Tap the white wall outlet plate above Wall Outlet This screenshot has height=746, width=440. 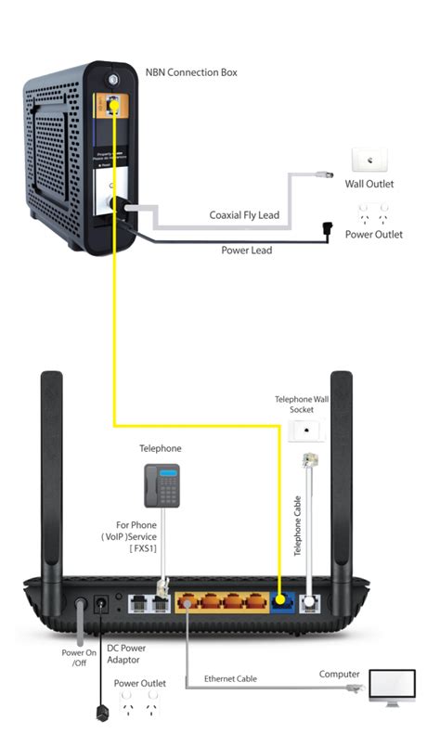click(369, 161)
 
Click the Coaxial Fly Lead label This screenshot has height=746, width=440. click(244, 215)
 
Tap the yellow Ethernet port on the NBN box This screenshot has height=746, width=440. click(112, 106)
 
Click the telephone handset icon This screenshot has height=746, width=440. click(160, 483)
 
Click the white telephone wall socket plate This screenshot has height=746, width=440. click(304, 431)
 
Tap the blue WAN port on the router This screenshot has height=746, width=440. click(284, 604)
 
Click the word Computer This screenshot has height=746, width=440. click(340, 674)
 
